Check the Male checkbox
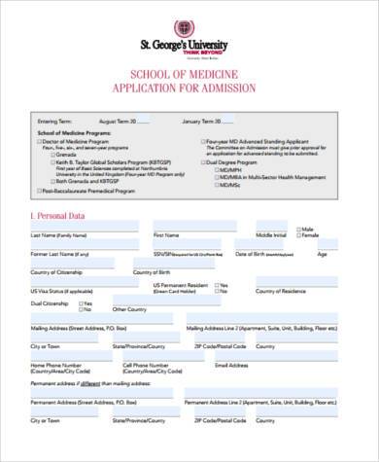tap(297, 229)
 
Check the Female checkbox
tap(297, 235)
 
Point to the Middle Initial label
tap(271, 235)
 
